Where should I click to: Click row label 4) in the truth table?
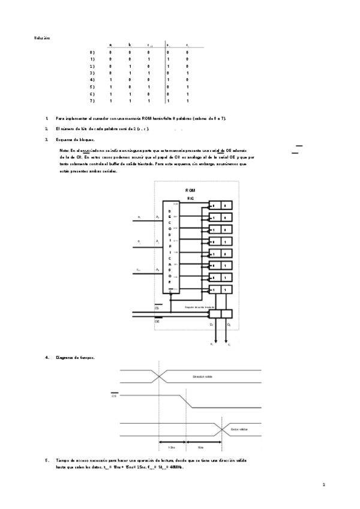(x=92, y=79)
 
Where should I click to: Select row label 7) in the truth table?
(x=92, y=101)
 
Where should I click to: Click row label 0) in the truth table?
(x=92, y=52)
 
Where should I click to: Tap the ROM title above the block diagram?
(x=190, y=190)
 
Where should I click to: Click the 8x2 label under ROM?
(x=190, y=197)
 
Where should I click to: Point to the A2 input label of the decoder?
(x=157, y=217)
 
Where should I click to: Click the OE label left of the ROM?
(x=157, y=322)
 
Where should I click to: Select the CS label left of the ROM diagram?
(x=157, y=308)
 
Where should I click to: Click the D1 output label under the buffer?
(x=212, y=324)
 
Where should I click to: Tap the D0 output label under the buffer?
(x=229, y=324)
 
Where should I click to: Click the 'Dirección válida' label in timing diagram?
(x=203, y=376)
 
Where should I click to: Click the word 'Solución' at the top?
(x=42, y=38)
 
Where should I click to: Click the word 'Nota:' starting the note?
(x=65, y=150)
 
